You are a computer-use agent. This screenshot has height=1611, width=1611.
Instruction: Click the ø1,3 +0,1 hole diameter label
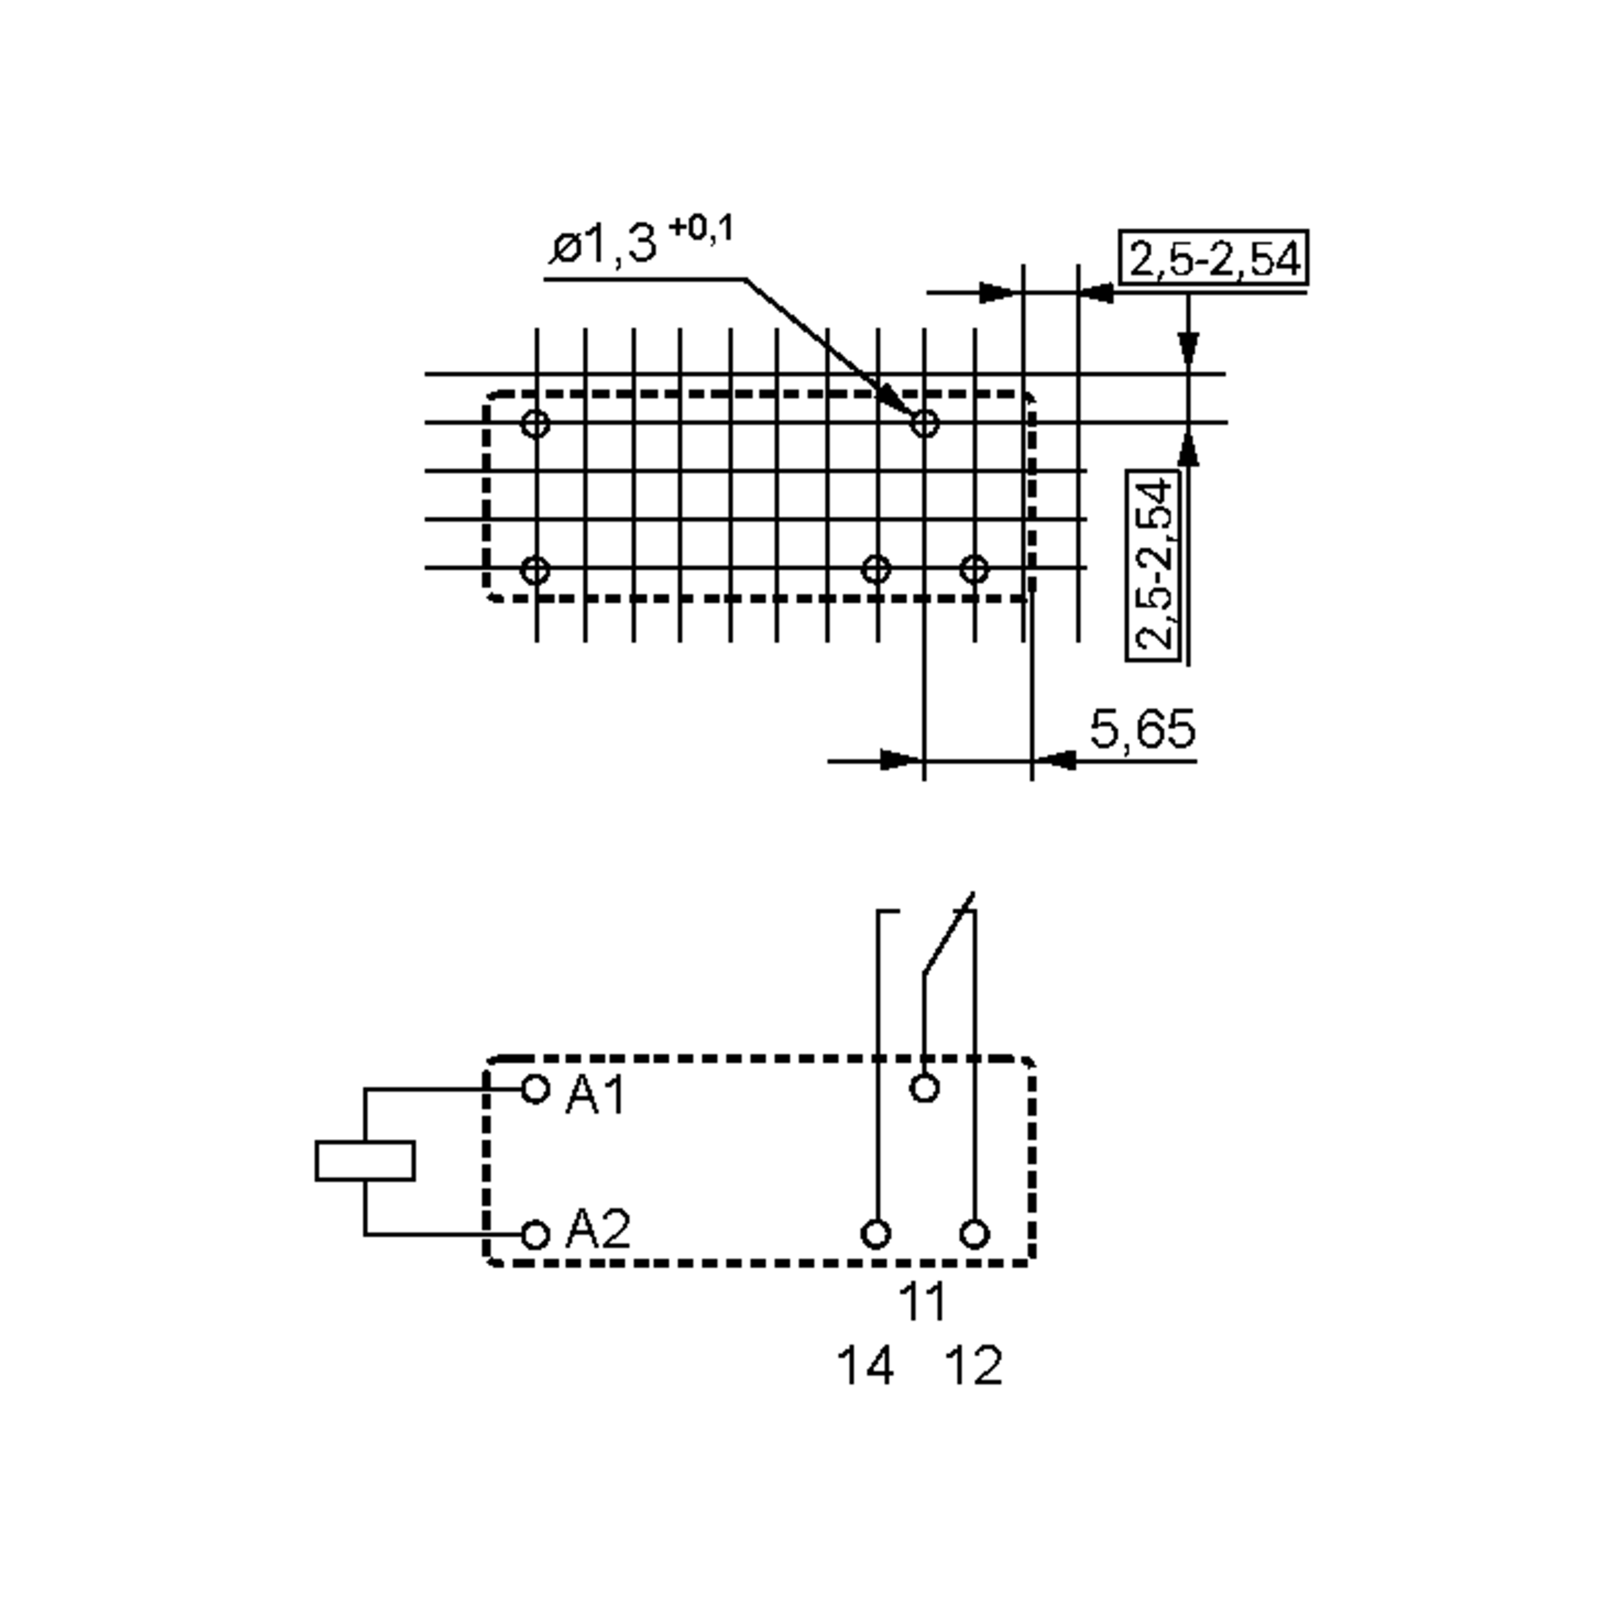(641, 241)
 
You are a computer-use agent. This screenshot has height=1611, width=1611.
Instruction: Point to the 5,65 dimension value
(1142, 729)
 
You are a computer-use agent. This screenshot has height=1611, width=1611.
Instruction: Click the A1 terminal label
(595, 1095)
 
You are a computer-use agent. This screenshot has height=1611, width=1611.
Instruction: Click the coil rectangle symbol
(365, 1161)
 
